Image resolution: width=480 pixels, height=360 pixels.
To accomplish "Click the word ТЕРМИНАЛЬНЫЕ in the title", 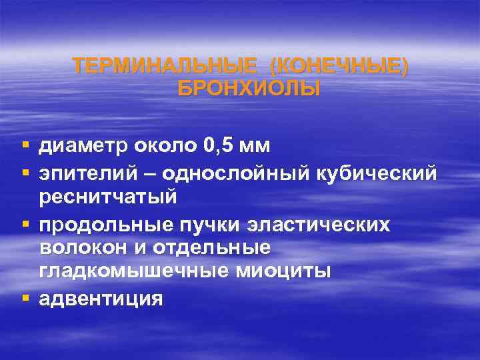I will point(165,67).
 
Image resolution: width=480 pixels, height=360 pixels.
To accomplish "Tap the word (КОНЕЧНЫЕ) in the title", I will point(339,67).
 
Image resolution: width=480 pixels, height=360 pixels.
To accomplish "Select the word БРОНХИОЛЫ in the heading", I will point(249,89).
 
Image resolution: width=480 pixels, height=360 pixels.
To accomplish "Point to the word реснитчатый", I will point(107,198).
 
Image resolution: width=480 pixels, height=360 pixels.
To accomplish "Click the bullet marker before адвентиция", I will point(25,298).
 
